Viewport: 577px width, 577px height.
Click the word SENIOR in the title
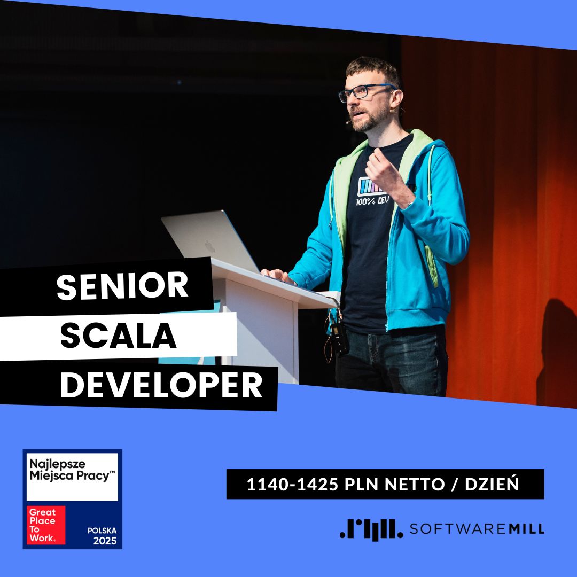122,287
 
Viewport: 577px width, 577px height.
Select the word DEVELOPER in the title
161,385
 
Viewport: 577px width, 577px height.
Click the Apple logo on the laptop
210,246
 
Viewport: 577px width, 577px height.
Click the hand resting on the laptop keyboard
278,275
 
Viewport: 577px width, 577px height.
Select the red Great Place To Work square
47,525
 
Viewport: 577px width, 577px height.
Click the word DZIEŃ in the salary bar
492,485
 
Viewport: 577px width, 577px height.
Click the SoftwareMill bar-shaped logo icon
371,529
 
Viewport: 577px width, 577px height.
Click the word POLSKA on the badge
102,531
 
